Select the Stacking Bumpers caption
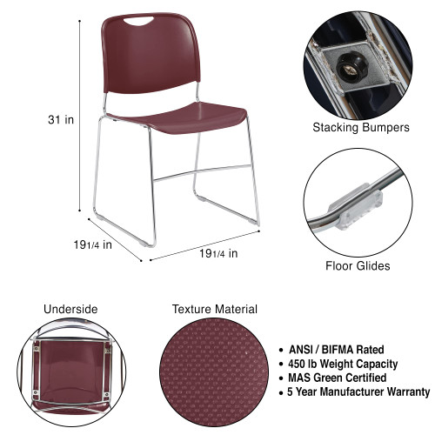(361, 127)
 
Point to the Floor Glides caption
(358, 266)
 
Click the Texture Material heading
(214, 309)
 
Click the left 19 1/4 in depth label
(93, 244)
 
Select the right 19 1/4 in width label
(217, 253)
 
